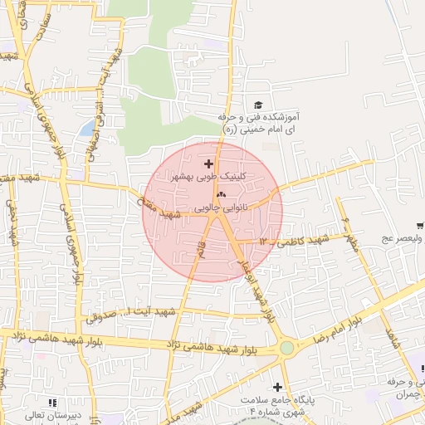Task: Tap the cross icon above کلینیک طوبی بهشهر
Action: click(208, 164)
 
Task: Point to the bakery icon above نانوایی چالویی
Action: click(220, 193)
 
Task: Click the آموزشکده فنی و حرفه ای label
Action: click(263, 124)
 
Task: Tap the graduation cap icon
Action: click(257, 105)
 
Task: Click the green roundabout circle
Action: click(287, 348)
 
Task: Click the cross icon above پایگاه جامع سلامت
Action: click(277, 387)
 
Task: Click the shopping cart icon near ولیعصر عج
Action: click(421, 224)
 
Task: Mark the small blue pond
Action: click(87, 129)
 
